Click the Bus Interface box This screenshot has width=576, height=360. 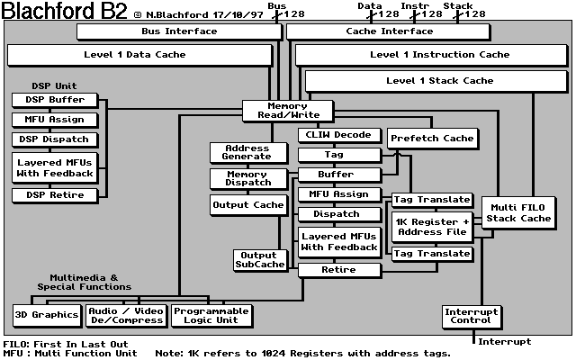pos(179,31)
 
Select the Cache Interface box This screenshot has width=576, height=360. pos(389,31)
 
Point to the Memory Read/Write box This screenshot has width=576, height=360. pos(287,111)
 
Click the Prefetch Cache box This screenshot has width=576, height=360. pos(431,139)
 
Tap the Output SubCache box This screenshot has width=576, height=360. pos(259,260)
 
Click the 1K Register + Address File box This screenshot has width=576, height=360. pos(431,226)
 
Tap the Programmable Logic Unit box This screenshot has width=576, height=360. pos(211,315)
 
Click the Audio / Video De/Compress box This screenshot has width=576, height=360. pos(126,315)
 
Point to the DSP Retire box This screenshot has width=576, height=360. pos(56,195)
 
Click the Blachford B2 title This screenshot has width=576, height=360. pos(65,12)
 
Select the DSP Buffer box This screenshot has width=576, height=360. pos(56,100)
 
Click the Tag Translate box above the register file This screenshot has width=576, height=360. pos(431,200)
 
